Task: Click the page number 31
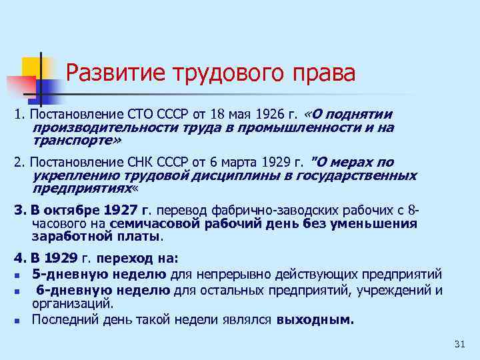coord(458,343)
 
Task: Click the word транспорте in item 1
coord(72,141)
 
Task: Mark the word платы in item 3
coord(141,237)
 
